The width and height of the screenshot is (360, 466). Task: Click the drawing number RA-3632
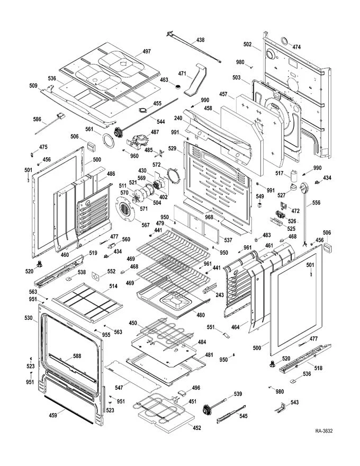(324, 431)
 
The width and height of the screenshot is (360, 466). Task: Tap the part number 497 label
(147, 51)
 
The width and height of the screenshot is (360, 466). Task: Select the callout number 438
(200, 40)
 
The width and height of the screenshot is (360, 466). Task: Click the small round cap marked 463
(178, 86)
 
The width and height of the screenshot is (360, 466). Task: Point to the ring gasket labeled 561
(109, 140)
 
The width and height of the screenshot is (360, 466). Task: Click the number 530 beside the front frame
(29, 318)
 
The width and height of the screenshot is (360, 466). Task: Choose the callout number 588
(77, 356)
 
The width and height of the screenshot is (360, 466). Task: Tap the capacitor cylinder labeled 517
(294, 176)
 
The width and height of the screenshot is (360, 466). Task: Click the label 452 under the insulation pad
(197, 428)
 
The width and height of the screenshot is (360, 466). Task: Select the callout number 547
(119, 388)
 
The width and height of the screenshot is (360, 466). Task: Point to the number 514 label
(113, 286)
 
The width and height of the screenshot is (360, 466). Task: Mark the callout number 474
(296, 47)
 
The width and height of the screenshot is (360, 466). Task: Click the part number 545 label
(244, 416)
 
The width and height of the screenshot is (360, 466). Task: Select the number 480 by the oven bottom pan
(201, 315)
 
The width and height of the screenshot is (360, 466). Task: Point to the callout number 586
(37, 120)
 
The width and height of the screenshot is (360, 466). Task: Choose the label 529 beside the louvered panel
(172, 149)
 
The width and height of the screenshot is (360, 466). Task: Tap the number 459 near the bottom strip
(53, 416)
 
